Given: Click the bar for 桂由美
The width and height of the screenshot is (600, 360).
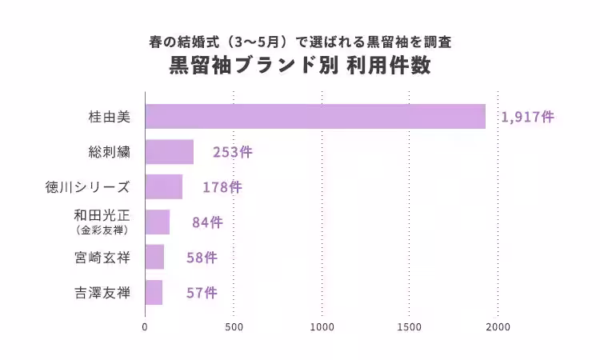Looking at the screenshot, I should (315, 117).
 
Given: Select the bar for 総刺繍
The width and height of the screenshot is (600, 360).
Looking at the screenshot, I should (170, 152).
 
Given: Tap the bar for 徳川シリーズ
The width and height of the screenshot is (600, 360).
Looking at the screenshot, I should (164, 187).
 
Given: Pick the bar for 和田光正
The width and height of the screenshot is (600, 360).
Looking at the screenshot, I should (158, 222).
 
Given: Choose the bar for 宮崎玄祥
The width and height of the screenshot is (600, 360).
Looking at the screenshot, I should (154, 257).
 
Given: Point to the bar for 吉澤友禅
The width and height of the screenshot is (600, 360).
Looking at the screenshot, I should (154, 292).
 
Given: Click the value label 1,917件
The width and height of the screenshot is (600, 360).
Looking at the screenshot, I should (527, 117).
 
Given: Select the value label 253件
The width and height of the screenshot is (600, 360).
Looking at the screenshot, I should (232, 152).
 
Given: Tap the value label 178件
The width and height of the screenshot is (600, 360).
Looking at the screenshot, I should (222, 187).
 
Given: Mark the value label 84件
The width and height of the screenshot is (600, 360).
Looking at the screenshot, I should (207, 222).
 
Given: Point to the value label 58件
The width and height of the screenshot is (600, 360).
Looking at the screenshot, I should (202, 258).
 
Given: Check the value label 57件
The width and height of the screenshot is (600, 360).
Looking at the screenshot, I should (201, 293).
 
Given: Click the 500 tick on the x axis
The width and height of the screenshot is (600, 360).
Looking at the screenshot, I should (234, 326).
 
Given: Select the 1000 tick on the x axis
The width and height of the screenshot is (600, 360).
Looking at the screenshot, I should (322, 326).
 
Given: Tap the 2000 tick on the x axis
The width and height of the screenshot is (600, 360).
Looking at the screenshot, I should (498, 326).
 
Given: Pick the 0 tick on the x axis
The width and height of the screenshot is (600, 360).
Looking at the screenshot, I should (145, 326).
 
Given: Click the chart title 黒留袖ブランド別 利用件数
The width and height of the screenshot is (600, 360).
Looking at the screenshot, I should (300, 66).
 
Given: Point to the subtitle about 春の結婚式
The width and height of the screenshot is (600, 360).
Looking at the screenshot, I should (300, 41).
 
